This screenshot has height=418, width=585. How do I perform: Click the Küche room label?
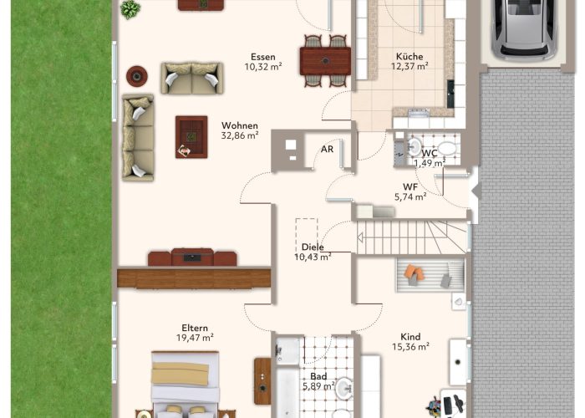(409, 57)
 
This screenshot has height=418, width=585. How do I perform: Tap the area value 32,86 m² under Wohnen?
(240, 135)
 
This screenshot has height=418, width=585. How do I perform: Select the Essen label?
(263, 57)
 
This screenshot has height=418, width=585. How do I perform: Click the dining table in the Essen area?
(325, 61)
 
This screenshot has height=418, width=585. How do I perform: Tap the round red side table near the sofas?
(137, 76)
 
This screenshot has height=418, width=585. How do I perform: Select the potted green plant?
(130, 9)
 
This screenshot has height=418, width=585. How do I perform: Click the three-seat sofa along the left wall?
(138, 137)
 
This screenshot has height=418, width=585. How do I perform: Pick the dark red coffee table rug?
(191, 137)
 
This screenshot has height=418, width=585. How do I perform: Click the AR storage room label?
(327, 150)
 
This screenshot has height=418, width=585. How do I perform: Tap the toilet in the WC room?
(446, 149)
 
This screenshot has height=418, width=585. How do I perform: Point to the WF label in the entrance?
(410, 187)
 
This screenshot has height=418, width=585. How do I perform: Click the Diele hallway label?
(313, 247)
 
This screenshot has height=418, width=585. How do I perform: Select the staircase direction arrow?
(360, 237)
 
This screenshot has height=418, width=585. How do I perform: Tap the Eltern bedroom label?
(195, 328)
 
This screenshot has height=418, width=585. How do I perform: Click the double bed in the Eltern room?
(185, 385)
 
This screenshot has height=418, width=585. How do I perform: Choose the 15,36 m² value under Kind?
(410, 347)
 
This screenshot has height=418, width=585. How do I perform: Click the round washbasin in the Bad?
(344, 388)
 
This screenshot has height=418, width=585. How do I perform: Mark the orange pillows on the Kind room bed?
(415, 272)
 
